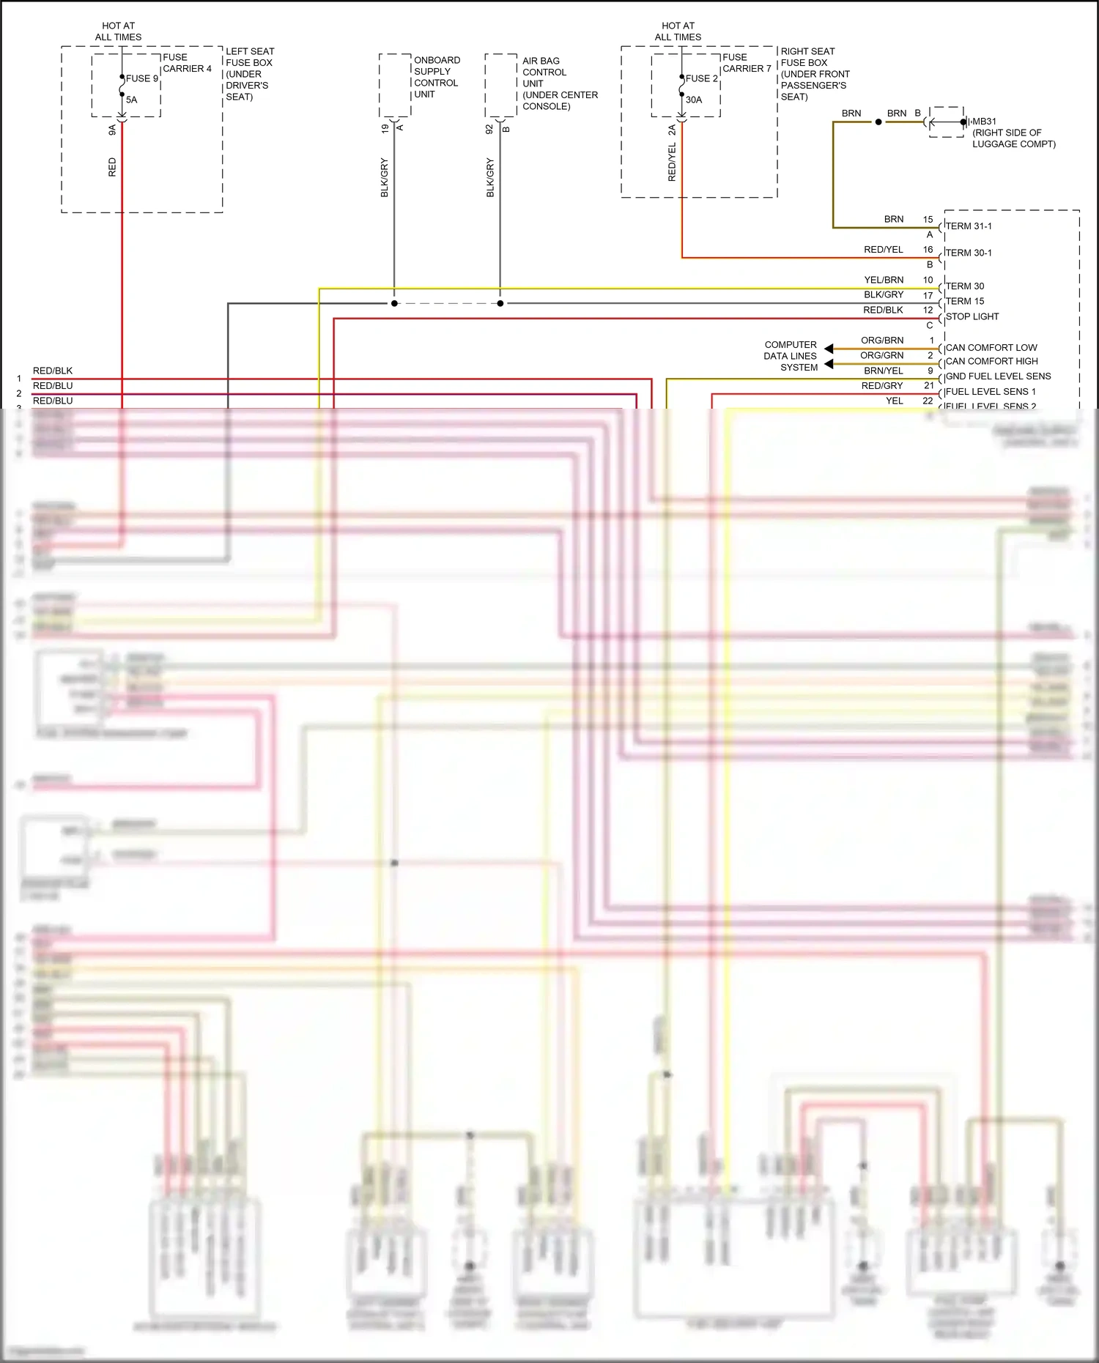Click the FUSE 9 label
coord(141,78)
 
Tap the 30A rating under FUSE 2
coord(693,100)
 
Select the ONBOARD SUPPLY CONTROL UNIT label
coord(437,77)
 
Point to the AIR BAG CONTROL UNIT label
coord(559,83)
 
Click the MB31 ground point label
coord(984,122)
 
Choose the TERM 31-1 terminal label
coord(969,226)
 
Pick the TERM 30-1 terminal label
coord(969,253)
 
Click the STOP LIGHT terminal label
coord(972,316)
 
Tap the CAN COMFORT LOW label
coord(991,348)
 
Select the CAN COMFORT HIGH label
coord(991,361)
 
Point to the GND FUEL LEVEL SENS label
coord(998,376)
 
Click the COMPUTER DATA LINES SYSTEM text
coord(791,356)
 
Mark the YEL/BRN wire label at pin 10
coord(884,280)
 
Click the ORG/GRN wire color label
coord(881,355)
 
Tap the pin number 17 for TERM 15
coord(928,295)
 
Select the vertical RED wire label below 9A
coord(112,167)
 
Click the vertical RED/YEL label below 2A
coord(672,163)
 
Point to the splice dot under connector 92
coord(500,303)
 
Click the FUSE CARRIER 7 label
coord(746,63)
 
